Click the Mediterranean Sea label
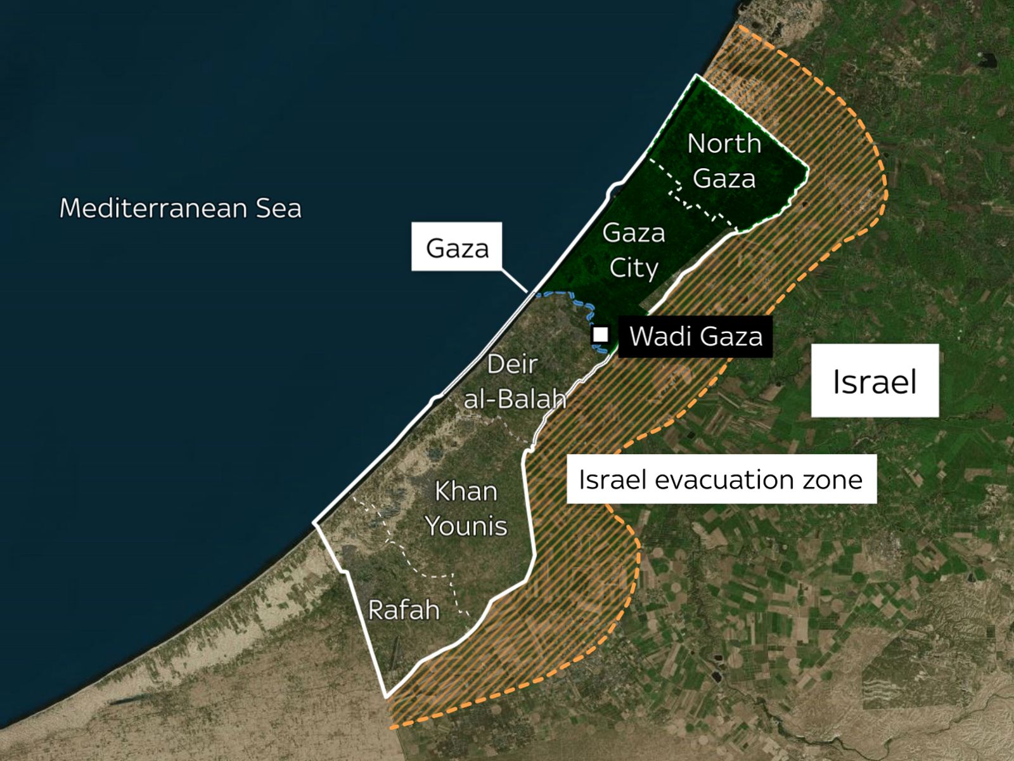tap(181, 209)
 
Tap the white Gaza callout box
tap(456, 247)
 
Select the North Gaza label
tap(724, 161)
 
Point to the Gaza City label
tap(634, 250)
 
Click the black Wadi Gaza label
tap(695, 336)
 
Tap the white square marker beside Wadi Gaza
tap(600, 334)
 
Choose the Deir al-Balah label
tap(515, 381)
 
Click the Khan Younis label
tap(466, 509)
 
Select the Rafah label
tap(404, 610)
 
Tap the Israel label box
tap(875, 381)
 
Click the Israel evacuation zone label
tap(721, 479)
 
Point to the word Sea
tap(279, 209)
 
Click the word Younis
tap(466, 526)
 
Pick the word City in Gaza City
tap(634, 268)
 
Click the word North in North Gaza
tap(724, 144)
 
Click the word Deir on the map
tap(512, 364)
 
